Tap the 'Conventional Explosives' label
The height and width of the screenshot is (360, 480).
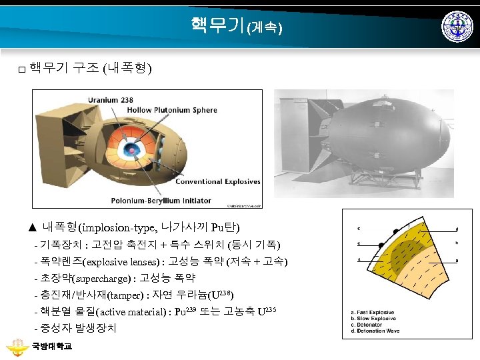click(190, 181)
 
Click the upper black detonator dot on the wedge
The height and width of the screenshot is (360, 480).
click(396, 231)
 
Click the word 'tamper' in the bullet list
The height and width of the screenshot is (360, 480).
click(123, 295)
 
